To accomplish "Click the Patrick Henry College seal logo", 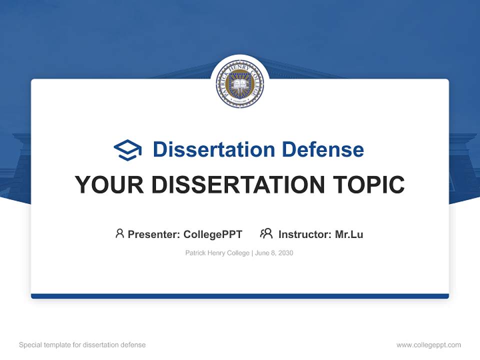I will pyautogui.click(x=240, y=84).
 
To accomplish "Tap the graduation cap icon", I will pyautogui.click(x=127, y=150).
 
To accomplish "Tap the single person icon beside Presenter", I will pyautogui.click(x=119, y=233).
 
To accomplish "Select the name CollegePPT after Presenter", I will pyautogui.click(x=213, y=234).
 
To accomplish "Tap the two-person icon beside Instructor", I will pyautogui.click(x=266, y=233).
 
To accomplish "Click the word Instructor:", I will pyautogui.click(x=305, y=234).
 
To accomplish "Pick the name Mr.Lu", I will pyautogui.click(x=349, y=234).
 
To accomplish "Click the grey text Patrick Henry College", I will pyautogui.click(x=217, y=253).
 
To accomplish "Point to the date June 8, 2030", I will pyautogui.click(x=274, y=253).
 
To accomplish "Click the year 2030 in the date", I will pyautogui.click(x=285, y=253).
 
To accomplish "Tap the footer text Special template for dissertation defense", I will pyautogui.click(x=82, y=345).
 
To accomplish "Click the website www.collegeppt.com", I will pyautogui.click(x=428, y=345).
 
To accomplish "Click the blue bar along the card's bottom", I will pyautogui.click(x=240, y=296).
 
